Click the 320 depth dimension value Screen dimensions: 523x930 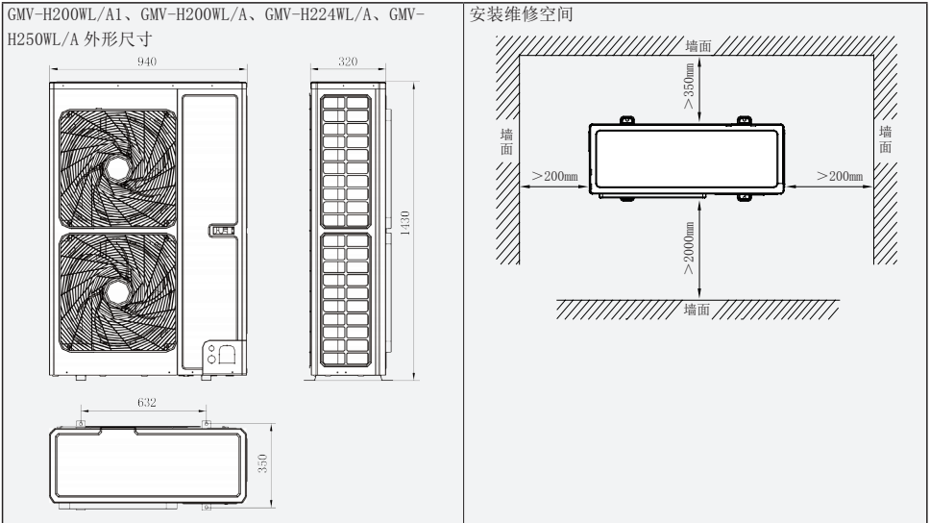click(348, 62)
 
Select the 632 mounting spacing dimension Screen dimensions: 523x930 click(145, 402)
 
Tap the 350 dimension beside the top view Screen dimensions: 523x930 click(262, 464)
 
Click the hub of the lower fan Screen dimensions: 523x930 click(119, 289)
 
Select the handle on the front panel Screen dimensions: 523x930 click(220, 231)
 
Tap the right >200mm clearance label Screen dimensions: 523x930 click(839, 178)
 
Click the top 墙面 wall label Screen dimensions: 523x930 click(699, 48)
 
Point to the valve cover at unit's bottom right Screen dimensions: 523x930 click(220, 355)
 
